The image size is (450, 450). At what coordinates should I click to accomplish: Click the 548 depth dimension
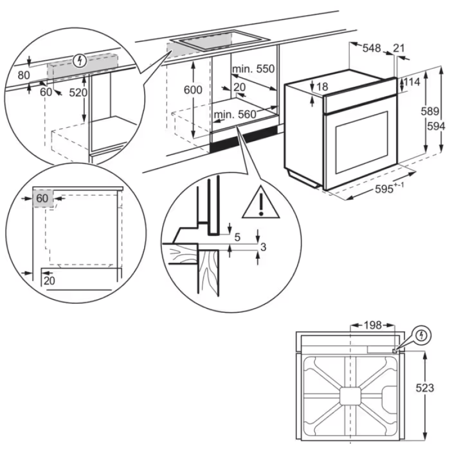(x=372, y=49)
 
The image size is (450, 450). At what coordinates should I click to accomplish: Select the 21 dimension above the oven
(x=399, y=49)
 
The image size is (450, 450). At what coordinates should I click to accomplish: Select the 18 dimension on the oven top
(x=322, y=87)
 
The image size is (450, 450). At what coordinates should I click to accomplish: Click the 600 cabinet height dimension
(x=193, y=90)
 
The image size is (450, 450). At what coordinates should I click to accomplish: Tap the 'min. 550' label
(x=253, y=69)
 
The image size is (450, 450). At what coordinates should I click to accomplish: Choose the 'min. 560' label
(x=235, y=115)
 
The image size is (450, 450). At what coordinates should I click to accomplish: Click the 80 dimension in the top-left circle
(x=23, y=74)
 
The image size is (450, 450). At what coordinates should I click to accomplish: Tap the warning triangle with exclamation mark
(x=261, y=203)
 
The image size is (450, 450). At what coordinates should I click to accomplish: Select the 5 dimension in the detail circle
(x=237, y=237)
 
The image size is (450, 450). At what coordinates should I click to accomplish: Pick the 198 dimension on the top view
(x=372, y=325)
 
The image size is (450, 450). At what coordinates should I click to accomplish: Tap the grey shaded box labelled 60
(x=43, y=199)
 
